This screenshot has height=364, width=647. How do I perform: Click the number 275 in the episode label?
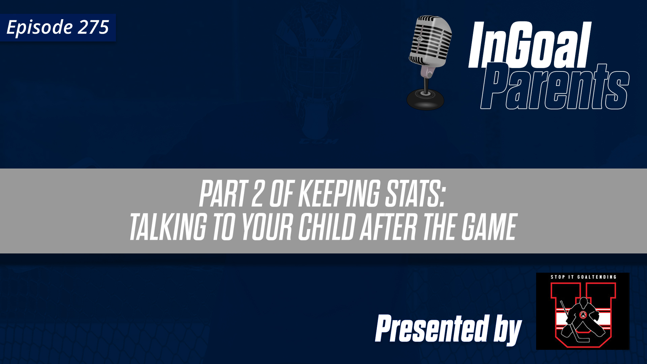pyautogui.click(x=93, y=27)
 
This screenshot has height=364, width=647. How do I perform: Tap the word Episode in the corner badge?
pyautogui.click(x=39, y=28)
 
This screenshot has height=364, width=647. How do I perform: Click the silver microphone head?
pyautogui.click(x=431, y=40)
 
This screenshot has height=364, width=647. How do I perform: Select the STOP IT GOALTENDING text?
pyautogui.click(x=583, y=277)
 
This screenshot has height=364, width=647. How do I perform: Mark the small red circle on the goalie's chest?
pyautogui.click(x=583, y=315)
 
